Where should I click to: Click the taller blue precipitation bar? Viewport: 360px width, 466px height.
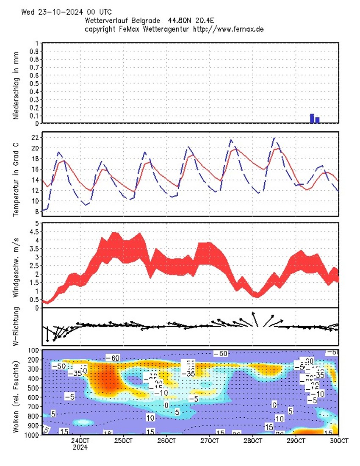point(312,119)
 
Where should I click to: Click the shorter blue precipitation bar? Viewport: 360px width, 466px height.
point(317,120)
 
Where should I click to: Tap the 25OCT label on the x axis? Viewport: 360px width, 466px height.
point(123,441)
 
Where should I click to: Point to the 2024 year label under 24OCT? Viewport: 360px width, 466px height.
point(80,447)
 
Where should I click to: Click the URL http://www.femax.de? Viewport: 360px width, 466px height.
point(229,29)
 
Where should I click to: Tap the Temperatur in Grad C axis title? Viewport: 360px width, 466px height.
point(16,174)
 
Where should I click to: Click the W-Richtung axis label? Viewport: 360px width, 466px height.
point(16,327)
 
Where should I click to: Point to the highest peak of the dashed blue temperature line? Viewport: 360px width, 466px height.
point(274,138)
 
